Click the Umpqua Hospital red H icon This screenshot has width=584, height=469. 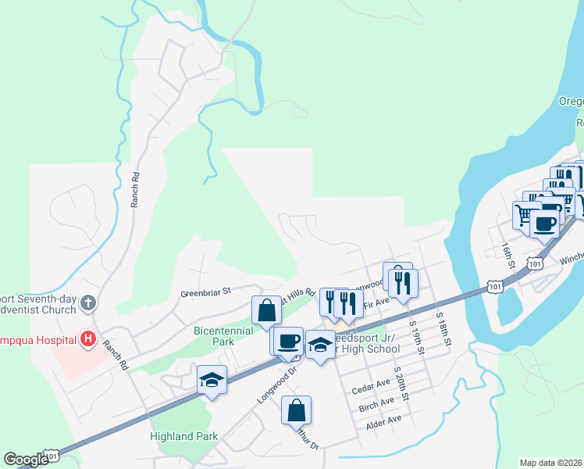click(88, 339)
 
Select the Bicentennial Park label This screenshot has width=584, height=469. click(223, 336)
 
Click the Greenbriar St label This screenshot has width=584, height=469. click(206, 291)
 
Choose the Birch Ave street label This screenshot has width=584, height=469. click(377, 403)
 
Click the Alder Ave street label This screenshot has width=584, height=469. click(383, 419)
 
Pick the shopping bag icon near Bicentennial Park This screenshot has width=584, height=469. click(266, 310)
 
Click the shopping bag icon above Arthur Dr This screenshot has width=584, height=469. click(297, 410)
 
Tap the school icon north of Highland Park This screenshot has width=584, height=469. click(211, 380)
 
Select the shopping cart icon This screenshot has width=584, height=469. click(525, 213)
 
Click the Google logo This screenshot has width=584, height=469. click(27, 460)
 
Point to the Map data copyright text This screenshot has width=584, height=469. click(551, 463)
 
